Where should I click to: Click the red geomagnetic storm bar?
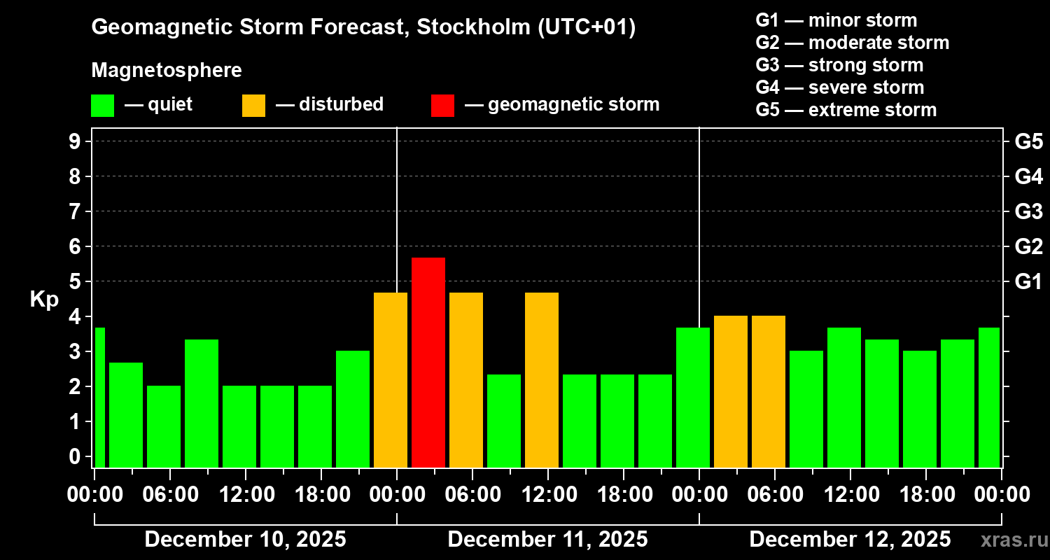[428, 362]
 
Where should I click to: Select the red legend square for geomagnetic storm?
[442, 105]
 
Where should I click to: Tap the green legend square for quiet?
[102, 105]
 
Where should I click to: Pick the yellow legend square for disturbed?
[253, 105]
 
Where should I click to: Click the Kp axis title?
[44, 299]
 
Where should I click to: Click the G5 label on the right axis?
[1028, 141]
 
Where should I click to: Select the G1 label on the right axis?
[1028, 281]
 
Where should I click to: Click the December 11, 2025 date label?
[547, 540]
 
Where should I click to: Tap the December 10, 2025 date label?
[245, 540]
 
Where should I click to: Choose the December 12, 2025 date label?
[850, 540]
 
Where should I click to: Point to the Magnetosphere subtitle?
[167, 71]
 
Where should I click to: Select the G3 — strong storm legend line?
[839, 65]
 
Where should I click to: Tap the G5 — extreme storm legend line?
[846, 110]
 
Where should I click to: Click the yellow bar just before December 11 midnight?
[391, 379]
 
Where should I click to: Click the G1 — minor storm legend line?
[836, 20]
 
